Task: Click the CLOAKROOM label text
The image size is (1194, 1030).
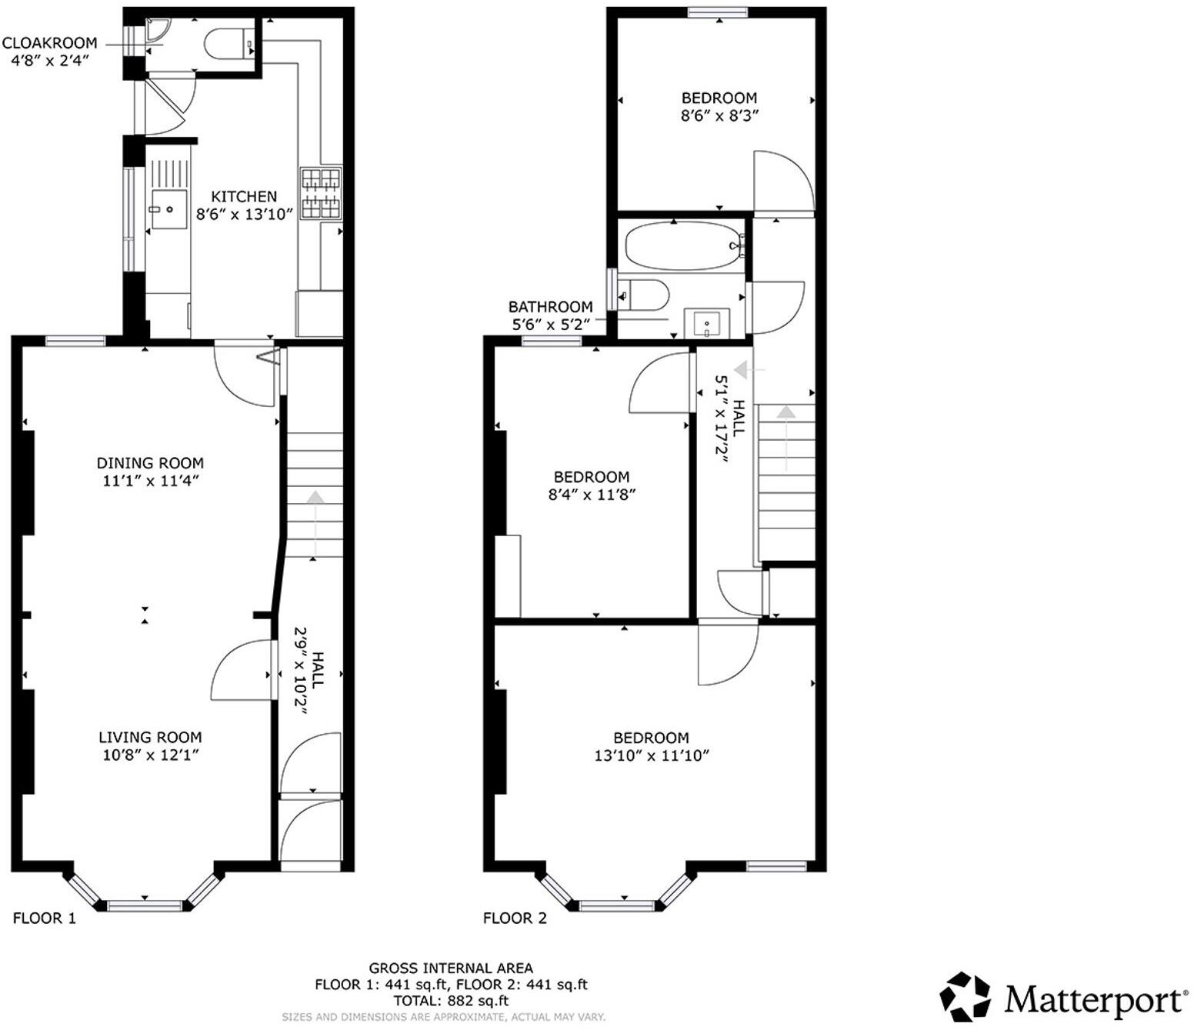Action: pos(49,43)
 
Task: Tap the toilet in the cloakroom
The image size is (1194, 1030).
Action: pos(229,43)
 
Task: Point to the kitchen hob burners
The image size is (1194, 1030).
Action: pos(320,194)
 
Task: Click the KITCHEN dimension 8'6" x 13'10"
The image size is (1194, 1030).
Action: pos(244,215)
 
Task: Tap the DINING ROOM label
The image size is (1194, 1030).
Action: pos(150,463)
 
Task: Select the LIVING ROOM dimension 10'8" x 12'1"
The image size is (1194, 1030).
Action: pos(150,755)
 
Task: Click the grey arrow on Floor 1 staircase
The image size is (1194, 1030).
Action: pos(315,523)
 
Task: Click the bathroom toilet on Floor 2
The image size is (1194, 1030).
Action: pos(643,295)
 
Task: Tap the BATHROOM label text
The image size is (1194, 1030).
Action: pos(551,307)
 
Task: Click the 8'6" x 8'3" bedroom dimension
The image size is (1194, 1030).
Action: pos(719,115)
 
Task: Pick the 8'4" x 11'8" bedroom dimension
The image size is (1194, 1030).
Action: pos(592,495)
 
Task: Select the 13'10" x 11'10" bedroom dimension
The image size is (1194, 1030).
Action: pos(652,755)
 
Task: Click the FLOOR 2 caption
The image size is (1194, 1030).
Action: pos(515,918)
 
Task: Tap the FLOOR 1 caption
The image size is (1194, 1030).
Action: pos(45,918)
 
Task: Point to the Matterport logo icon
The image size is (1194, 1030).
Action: pos(965,997)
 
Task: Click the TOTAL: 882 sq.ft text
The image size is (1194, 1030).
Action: pos(451,1001)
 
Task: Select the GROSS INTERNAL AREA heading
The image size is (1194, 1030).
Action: pos(451,968)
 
